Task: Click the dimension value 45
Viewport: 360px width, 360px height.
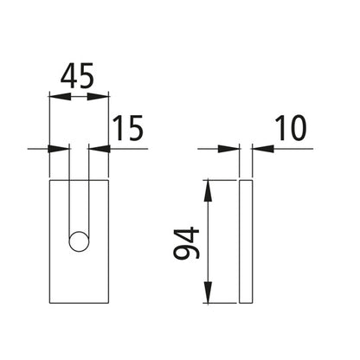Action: [x=79, y=77]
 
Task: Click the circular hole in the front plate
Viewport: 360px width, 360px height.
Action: [x=79, y=241]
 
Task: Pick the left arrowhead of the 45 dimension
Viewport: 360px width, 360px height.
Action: [x=54, y=98]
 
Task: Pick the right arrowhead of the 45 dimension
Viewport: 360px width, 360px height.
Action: [x=105, y=98]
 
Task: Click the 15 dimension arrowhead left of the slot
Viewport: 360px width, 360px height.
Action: [x=63, y=149]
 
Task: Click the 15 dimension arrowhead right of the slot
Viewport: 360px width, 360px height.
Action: [x=94, y=149]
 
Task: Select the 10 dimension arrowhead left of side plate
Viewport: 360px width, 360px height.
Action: [x=232, y=149]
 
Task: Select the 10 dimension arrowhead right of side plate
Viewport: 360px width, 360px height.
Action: [x=256, y=149]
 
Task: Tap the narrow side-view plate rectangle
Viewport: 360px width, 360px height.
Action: [x=244, y=242]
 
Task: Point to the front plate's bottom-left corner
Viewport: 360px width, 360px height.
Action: [x=50, y=304]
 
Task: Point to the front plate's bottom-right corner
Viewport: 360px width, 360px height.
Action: [x=109, y=304]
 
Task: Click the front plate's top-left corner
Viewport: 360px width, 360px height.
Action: [x=50, y=180]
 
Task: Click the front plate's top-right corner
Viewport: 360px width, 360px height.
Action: [x=109, y=180]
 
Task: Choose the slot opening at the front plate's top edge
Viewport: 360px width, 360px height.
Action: [x=79, y=180]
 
